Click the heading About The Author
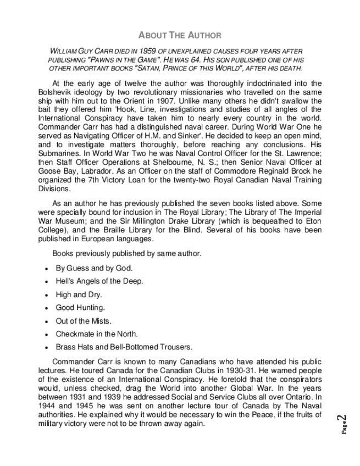tap(180, 35)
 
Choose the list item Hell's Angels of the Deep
tap(99, 281)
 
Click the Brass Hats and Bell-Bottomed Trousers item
tap(124, 347)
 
